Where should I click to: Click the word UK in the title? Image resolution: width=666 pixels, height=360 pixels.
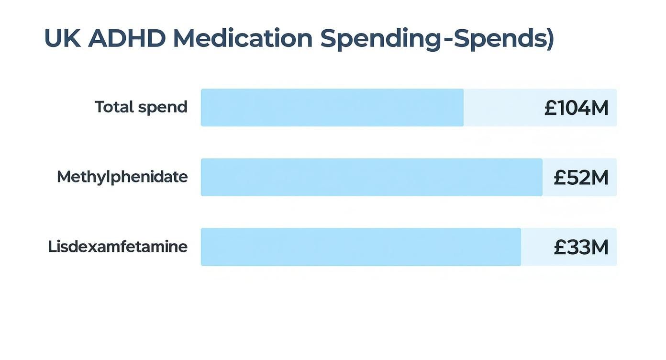[x=62, y=39]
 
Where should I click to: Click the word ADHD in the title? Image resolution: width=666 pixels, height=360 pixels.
[x=126, y=39]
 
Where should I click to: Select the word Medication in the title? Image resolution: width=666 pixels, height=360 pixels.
[x=243, y=39]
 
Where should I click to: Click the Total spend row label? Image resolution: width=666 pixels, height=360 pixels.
[x=141, y=107]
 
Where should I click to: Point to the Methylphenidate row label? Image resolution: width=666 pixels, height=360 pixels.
[x=122, y=177]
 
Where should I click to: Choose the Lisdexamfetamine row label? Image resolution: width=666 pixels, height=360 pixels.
[x=118, y=247]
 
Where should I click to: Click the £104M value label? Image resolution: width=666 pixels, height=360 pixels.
[x=576, y=108]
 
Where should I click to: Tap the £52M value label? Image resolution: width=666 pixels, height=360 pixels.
[x=581, y=178]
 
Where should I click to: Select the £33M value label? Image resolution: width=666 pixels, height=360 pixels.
[x=581, y=247]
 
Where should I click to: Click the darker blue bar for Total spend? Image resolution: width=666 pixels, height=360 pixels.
[x=332, y=108]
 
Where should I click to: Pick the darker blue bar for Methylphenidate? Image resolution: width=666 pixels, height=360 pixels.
[x=371, y=177]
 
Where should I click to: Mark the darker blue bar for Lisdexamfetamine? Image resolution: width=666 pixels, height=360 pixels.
[x=361, y=247]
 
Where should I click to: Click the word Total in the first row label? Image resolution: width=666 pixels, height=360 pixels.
[x=114, y=107]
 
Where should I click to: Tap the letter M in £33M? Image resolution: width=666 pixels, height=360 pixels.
[x=599, y=247]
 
